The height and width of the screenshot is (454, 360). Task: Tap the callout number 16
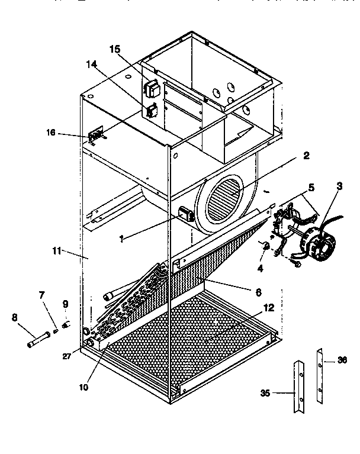tap(52, 133)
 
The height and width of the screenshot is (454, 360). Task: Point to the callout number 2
tap(306, 156)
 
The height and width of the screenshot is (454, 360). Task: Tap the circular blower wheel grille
tap(223, 201)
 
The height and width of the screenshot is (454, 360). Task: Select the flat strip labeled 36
tap(320, 376)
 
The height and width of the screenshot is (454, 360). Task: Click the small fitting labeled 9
tap(66, 325)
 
